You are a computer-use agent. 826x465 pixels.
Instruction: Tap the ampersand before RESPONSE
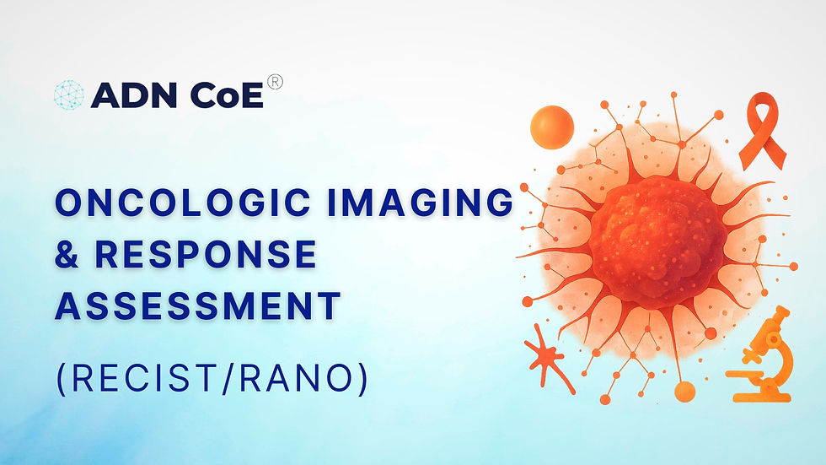pyautogui.click(x=67, y=255)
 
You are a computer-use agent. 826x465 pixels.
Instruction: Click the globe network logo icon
pyautogui.click(x=68, y=95)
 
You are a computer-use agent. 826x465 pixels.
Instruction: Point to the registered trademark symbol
pyautogui.click(x=275, y=82)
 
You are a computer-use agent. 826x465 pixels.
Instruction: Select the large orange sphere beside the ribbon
pyautogui.click(x=551, y=127)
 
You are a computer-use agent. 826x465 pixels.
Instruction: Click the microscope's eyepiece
pyautogui.click(x=780, y=316)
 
